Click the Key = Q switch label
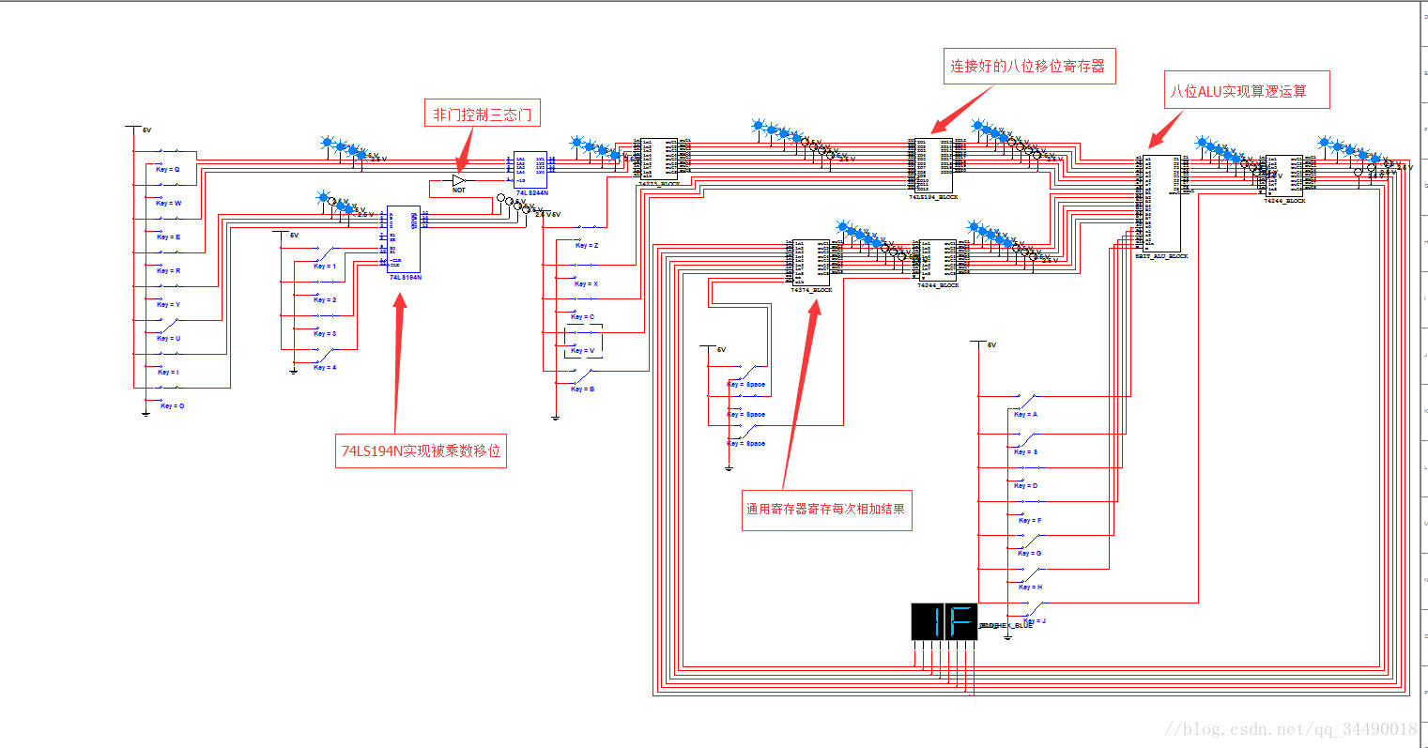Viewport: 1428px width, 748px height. coord(168,170)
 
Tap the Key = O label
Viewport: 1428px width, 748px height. coord(172,406)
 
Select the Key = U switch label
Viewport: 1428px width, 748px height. coord(168,339)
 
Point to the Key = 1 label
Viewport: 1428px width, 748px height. coord(325,267)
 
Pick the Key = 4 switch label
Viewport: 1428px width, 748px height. coord(325,368)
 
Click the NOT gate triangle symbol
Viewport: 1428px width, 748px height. coord(458,179)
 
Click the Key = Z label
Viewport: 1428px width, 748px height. coord(587,246)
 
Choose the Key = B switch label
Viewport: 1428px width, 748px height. coord(583,389)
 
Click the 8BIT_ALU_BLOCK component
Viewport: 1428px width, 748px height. coord(1161,202)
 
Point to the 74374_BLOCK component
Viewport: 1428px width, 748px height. coord(810,262)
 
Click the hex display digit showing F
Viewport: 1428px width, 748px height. coord(961,622)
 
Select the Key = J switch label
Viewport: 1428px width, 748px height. coord(1036,621)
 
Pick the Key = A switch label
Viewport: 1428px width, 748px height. coord(1025,415)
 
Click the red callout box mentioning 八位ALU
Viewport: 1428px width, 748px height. coord(1247,90)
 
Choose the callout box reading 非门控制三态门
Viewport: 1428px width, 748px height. coord(482,114)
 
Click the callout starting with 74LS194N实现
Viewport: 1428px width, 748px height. coord(421,450)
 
